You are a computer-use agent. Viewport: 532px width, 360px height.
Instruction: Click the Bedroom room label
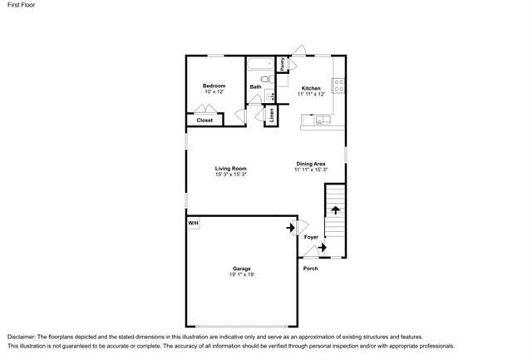[x=214, y=86]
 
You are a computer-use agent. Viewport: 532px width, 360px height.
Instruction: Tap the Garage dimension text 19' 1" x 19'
[x=242, y=274]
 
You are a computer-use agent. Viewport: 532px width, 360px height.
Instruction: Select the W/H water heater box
[x=194, y=224]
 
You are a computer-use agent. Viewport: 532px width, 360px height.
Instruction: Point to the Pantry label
[x=283, y=64]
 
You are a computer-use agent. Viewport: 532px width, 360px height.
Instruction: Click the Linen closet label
[x=272, y=116]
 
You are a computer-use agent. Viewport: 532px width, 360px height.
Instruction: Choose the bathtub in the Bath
[x=260, y=63]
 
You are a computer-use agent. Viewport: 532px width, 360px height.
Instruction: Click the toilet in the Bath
[x=268, y=79]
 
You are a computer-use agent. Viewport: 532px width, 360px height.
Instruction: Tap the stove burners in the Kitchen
[x=338, y=86]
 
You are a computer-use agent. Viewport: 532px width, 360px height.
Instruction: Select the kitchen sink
[x=323, y=120]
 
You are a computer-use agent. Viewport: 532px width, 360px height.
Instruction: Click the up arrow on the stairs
[x=336, y=210]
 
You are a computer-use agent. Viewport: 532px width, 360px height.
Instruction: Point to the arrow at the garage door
[x=290, y=228]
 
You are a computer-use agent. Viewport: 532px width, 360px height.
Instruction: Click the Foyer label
[x=311, y=237]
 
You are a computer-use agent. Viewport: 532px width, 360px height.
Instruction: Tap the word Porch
[x=310, y=269]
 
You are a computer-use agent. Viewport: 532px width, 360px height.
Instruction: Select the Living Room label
[x=231, y=168]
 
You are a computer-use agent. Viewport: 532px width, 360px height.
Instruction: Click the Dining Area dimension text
[x=311, y=170]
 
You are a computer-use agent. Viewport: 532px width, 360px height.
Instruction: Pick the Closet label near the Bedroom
[x=204, y=120]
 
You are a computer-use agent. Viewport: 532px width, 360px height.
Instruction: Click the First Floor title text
[x=21, y=5]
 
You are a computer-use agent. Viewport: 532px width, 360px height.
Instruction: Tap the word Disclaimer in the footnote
[x=21, y=337]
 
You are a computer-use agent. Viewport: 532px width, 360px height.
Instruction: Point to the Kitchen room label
[x=311, y=88]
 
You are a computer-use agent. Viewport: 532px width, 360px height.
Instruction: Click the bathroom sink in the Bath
[x=270, y=96]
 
